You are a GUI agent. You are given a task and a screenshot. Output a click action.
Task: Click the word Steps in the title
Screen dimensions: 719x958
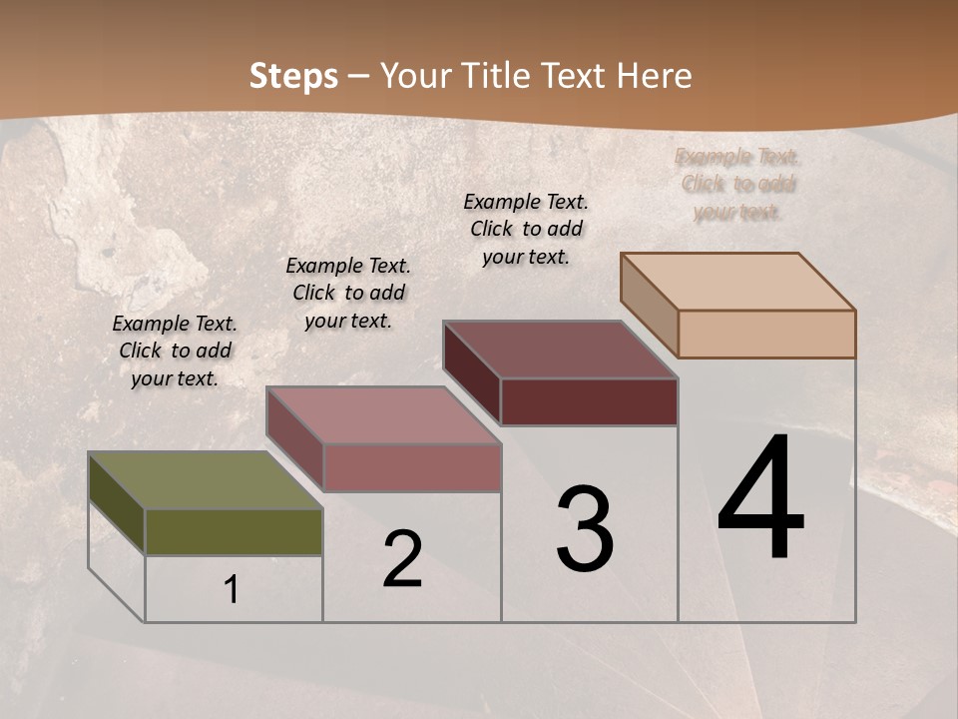click(293, 76)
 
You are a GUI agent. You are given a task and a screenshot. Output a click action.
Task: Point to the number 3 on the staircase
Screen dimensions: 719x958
click(584, 528)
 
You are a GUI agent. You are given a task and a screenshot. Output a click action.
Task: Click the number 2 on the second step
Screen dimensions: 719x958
click(402, 559)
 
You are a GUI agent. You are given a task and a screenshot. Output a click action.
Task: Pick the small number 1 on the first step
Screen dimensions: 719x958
click(232, 590)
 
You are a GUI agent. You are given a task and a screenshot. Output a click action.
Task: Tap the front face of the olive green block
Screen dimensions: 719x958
click(234, 531)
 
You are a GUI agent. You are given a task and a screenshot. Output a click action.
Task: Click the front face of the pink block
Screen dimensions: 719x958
click(412, 467)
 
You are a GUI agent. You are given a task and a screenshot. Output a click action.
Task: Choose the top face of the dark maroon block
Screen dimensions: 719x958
click(560, 350)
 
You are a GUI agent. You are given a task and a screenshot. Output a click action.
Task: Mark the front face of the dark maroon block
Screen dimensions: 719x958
click(589, 401)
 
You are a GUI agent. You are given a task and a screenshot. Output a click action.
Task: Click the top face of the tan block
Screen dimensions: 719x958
click(737, 282)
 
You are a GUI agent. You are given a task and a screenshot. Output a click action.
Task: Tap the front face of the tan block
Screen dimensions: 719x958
click(766, 334)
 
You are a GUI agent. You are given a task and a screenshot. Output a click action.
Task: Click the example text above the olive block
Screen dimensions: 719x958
click(175, 351)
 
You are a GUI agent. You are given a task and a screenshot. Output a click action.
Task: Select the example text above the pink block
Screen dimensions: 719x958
click(348, 293)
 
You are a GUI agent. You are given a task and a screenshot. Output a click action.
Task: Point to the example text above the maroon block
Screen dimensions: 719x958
click(526, 229)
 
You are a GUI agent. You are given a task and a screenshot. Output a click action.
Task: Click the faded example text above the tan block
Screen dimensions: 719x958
click(738, 184)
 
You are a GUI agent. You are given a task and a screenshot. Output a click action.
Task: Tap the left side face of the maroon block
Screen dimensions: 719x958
click(471, 373)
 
